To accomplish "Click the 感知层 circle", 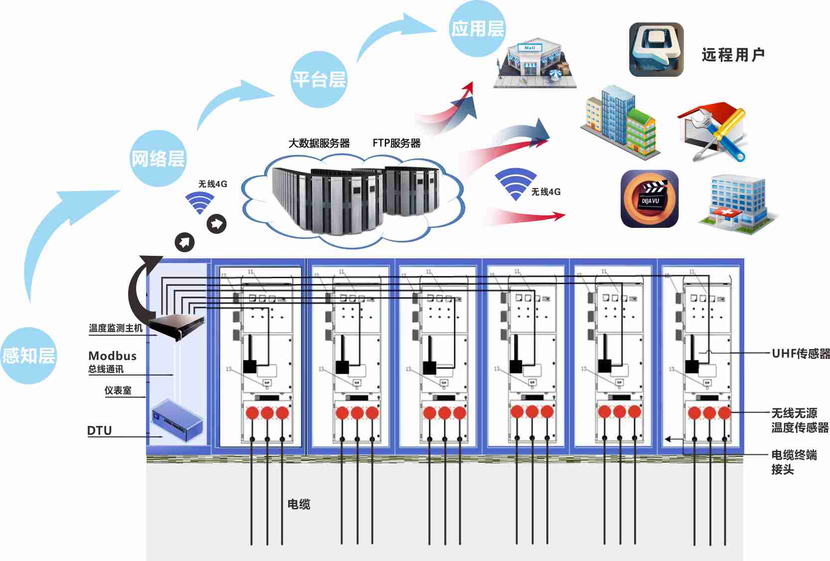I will pyautogui.click(x=28, y=356).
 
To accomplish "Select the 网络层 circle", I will pyautogui.click(x=158, y=159).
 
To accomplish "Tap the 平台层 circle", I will pyautogui.click(x=319, y=79).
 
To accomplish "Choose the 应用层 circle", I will pyautogui.click(x=477, y=28).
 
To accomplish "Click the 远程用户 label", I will pyautogui.click(x=733, y=54).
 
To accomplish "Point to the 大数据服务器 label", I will pyautogui.click(x=319, y=143).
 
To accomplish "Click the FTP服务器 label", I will pyautogui.click(x=396, y=143).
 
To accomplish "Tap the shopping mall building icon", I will pyautogui.click(x=534, y=65).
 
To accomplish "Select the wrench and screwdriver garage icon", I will pyautogui.click(x=713, y=132).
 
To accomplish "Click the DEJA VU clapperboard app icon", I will pyautogui.click(x=650, y=199).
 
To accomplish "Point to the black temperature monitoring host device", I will pyautogui.click(x=178, y=326).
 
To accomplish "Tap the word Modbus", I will pyautogui.click(x=112, y=356).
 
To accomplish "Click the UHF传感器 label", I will pyautogui.click(x=801, y=354).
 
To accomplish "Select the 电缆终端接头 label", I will pyautogui.click(x=794, y=462).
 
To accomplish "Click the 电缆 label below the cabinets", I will pyautogui.click(x=299, y=504).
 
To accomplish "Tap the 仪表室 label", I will pyautogui.click(x=118, y=390).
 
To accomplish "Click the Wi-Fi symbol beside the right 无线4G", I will pyautogui.click(x=515, y=184).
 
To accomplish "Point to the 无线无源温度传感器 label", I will pyautogui.click(x=800, y=420).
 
